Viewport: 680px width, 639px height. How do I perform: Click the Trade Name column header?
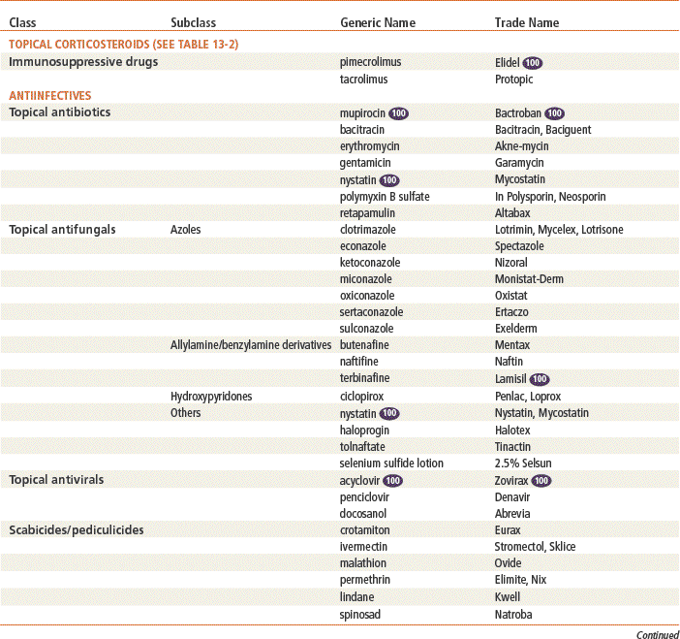[526, 22]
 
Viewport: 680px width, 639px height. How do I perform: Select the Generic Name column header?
[378, 22]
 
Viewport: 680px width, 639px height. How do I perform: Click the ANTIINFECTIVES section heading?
[50, 95]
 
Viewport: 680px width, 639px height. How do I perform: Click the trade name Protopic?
[514, 79]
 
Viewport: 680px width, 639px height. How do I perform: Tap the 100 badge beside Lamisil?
[540, 379]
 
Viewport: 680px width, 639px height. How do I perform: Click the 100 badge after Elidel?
[532, 62]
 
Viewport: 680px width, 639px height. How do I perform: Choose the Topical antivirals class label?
[56, 479]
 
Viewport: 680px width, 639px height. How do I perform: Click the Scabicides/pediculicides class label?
[77, 529]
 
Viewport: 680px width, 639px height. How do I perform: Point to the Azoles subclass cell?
[185, 229]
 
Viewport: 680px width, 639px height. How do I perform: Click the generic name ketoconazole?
[370, 262]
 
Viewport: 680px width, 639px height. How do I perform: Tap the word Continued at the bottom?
[658, 635]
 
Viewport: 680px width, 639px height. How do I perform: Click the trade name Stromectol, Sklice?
[535, 546]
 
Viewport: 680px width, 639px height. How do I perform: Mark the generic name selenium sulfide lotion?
[391, 463]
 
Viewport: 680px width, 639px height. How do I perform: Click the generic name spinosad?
[362, 613]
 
